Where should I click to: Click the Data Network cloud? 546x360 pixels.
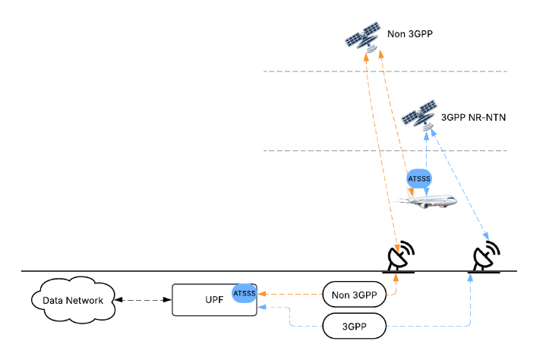(73, 300)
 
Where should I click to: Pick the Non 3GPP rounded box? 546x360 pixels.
(355, 294)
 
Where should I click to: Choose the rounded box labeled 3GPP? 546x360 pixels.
(355, 327)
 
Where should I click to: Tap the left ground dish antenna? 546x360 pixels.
(400, 257)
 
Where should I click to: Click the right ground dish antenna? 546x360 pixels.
(486, 257)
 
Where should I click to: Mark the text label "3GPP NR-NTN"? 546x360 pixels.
(473, 118)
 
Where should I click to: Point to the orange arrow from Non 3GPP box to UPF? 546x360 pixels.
(292, 292)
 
